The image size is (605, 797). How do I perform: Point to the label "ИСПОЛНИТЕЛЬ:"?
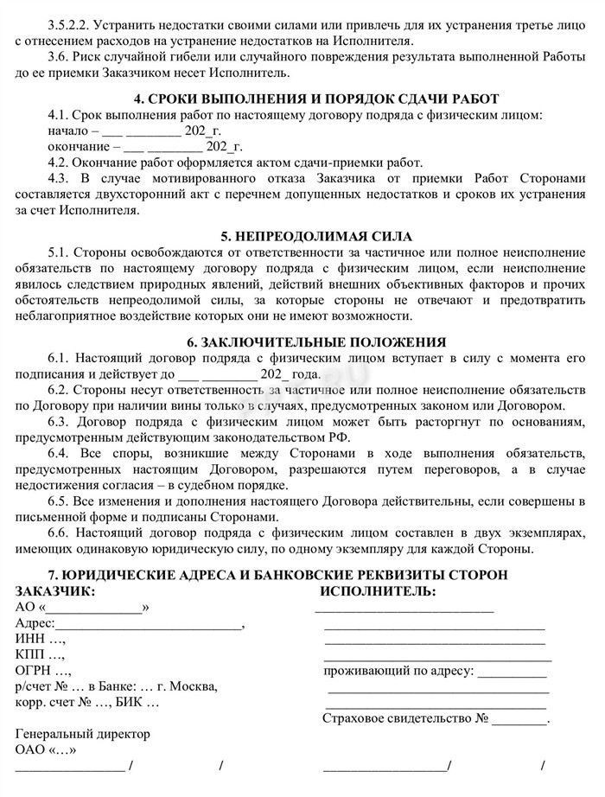pyautogui.click(x=378, y=591)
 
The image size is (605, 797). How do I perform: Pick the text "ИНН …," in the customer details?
pyautogui.click(x=41, y=639)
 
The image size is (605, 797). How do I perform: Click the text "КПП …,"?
pyautogui.click(x=41, y=654)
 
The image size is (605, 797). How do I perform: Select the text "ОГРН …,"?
pyautogui.click(x=43, y=670)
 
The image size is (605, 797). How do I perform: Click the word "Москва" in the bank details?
pyautogui.click(x=194, y=686)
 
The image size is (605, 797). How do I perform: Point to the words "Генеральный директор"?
pyautogui.click(x=83, y=734)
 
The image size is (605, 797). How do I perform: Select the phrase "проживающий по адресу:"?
pyautogui.click(x=398, y=670)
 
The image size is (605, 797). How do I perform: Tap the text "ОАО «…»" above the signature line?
pyautogui.click(x=46, y=749)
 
